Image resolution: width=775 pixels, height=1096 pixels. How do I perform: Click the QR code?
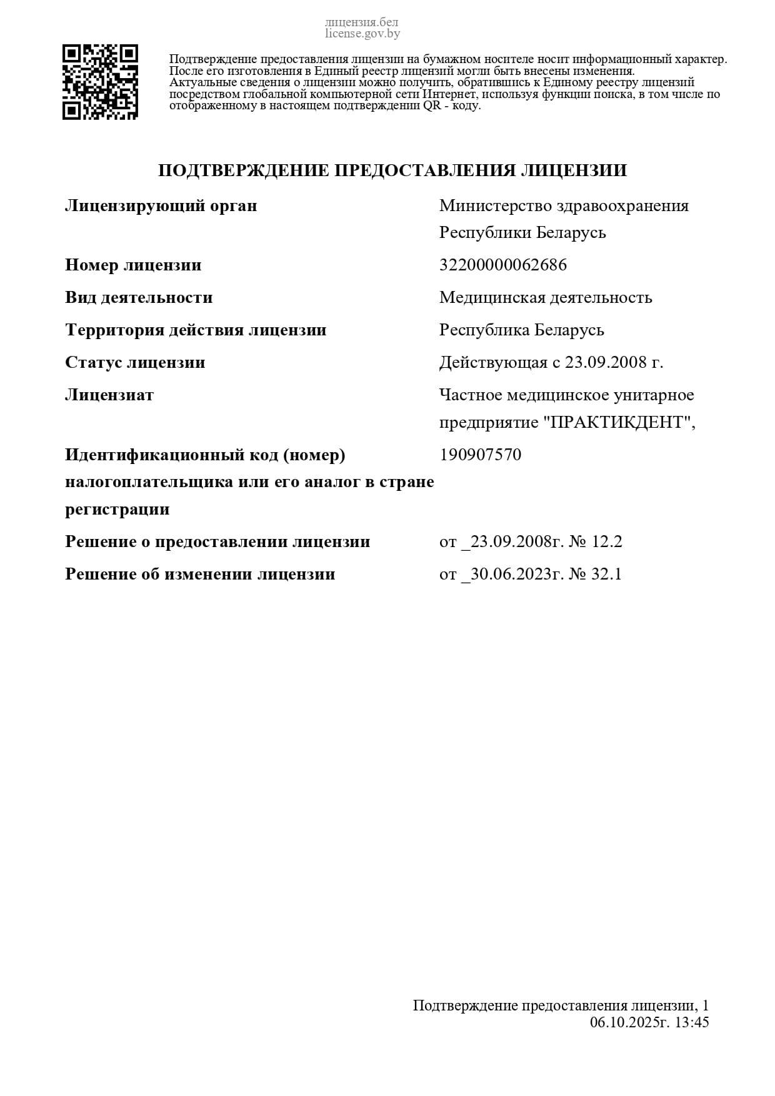[100, 82]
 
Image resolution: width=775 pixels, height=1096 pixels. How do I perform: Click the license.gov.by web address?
[362, 34]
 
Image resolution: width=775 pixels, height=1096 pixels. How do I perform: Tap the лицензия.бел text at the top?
[362, 23]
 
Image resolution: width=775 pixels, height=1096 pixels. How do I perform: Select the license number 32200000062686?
[503, 265]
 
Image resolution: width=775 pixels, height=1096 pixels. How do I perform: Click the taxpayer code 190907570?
[480, 455]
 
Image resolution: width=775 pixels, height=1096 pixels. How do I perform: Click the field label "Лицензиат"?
[109, 395]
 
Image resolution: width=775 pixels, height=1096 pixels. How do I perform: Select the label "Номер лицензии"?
[133, 265]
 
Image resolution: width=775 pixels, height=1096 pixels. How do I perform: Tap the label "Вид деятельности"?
[139, 297]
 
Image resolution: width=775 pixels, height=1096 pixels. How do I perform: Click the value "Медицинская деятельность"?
[546, 297]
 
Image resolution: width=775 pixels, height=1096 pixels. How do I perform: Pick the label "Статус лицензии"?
[135, 362]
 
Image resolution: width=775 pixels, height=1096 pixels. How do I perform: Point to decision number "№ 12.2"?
[595, 541]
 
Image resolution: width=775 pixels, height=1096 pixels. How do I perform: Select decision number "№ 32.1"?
[595, 574]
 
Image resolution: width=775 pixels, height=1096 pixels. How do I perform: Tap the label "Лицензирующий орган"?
[161, 205]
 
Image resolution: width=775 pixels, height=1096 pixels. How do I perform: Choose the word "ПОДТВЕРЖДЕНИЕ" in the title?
[243, 170]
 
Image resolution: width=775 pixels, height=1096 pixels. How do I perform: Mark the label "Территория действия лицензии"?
[196, 330]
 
